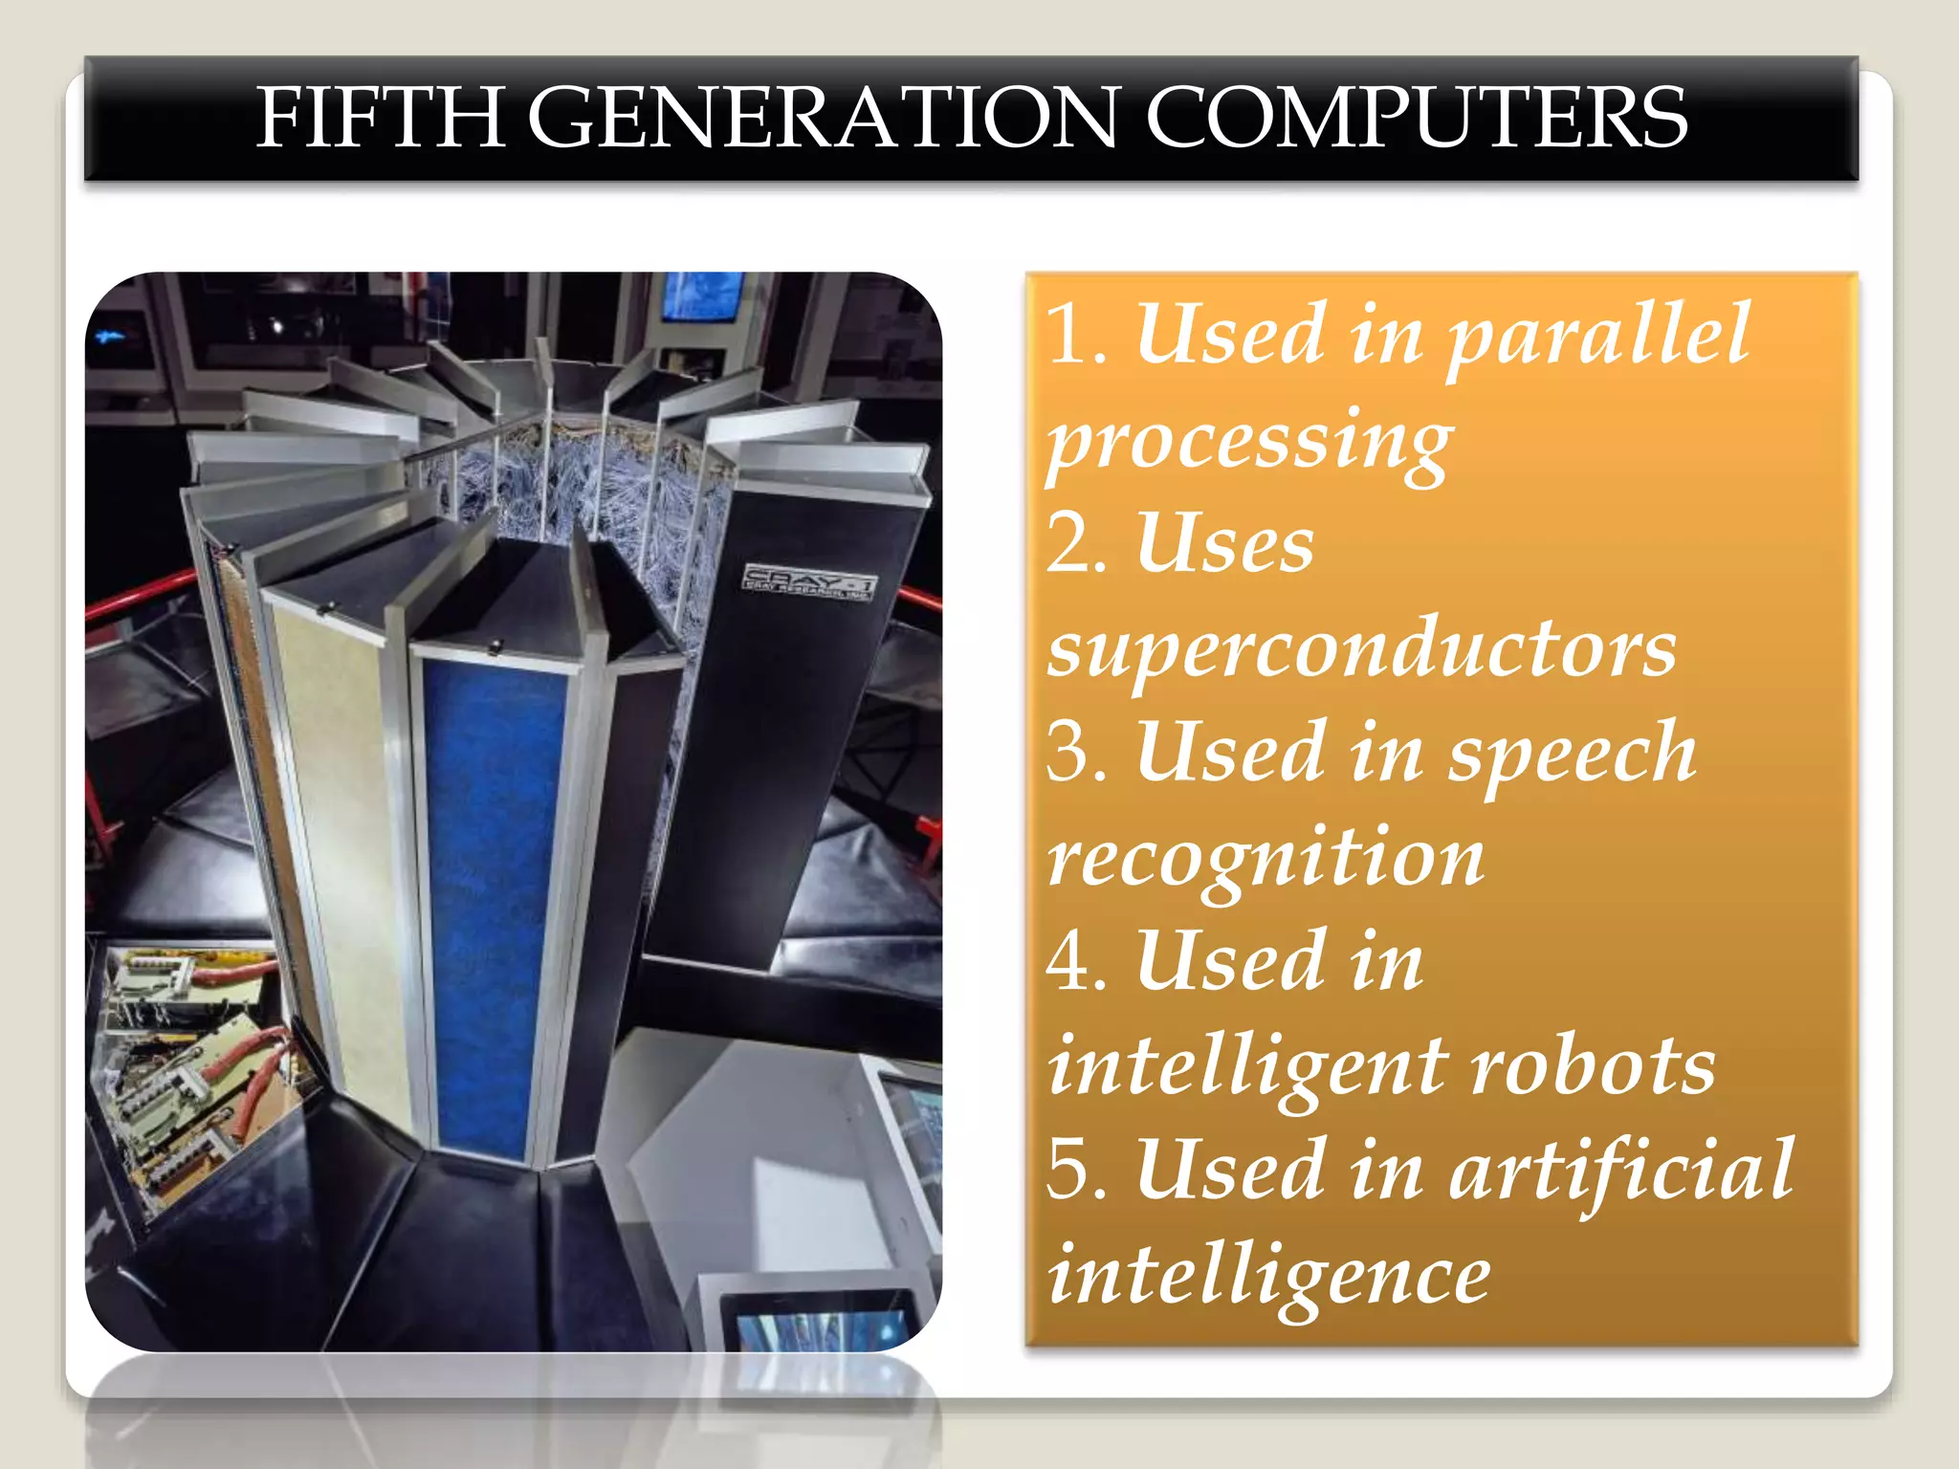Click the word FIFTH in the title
click(380, 118)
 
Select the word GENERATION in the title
click(822, 118)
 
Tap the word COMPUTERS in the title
click(1416, 118)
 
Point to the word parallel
click(1598, 335)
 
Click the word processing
click(1249, 442)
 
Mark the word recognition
click(1266, 859)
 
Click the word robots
click(1593, 1066)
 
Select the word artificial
click(1620, 1170)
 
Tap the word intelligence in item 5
click(1268, 1276)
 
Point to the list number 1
click(1074, 335)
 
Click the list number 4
click(1074, 962)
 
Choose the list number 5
click(1074, 1170)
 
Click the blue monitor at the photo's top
click(702, 296)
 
